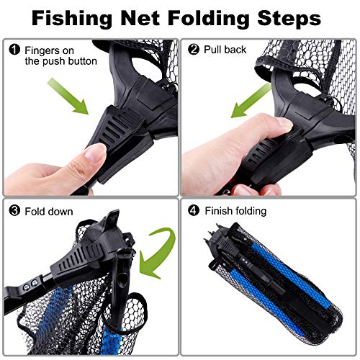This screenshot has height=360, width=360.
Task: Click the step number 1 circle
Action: point(14,50)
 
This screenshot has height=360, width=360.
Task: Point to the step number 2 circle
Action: point(192,50)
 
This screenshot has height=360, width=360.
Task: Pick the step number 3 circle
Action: point(14,212)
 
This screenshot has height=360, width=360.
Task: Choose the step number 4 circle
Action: point(192,212)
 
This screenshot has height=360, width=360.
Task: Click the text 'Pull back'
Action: point(225,50)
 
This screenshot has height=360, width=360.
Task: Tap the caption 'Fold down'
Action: point(48,212)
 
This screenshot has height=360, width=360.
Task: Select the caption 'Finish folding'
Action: point(235,212)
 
